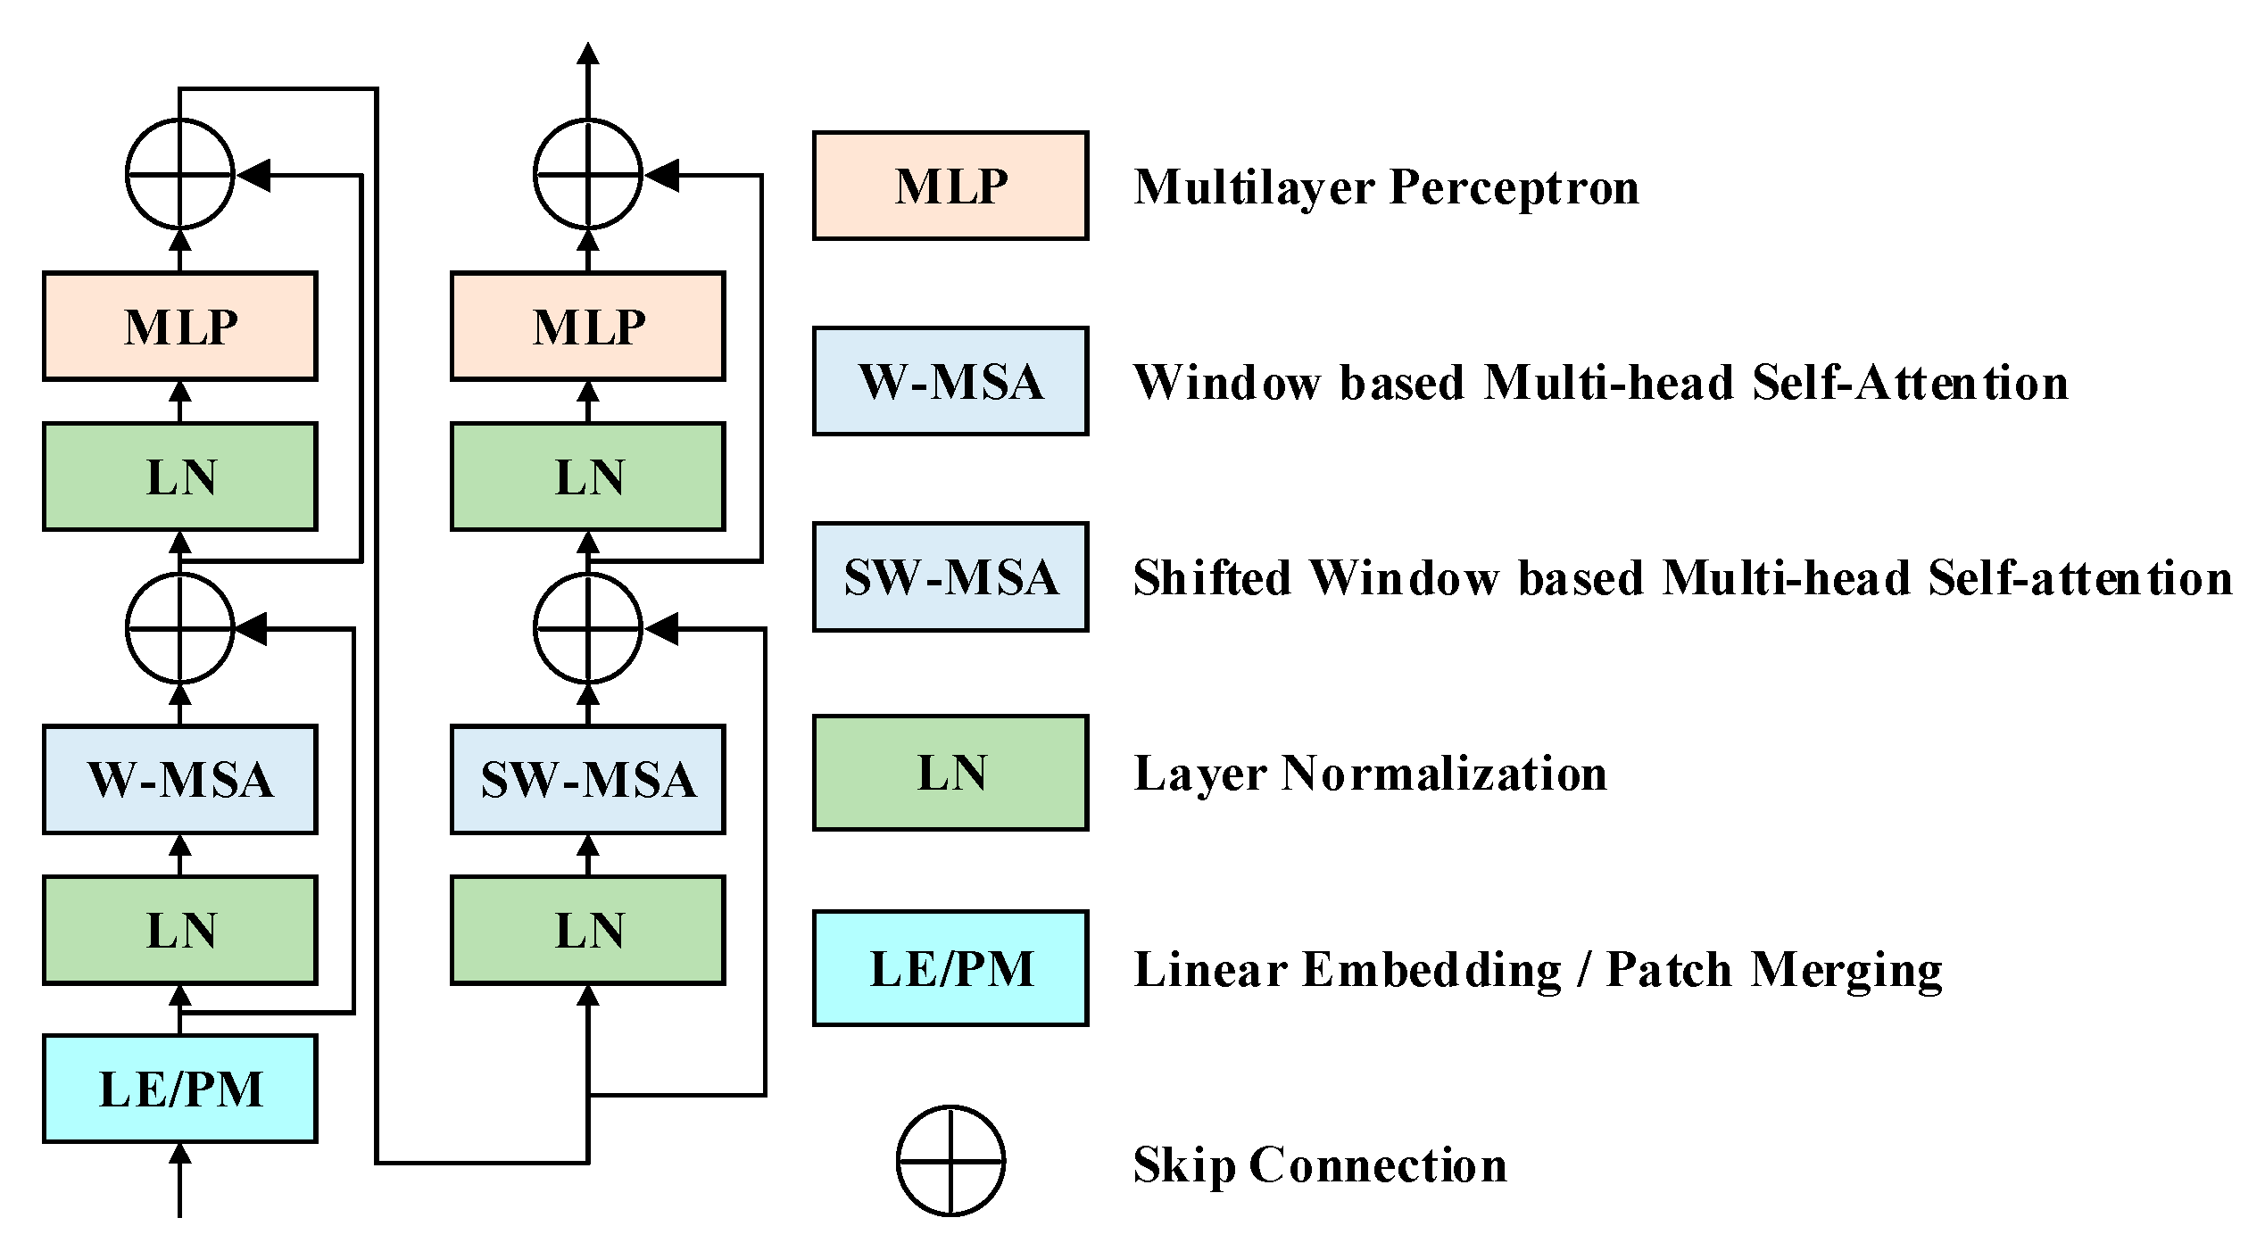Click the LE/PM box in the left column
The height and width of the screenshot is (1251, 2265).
(179, 1088)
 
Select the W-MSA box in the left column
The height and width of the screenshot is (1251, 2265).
(179, 779)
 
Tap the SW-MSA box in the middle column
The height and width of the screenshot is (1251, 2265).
(587, 779)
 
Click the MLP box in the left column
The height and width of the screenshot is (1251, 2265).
(179, 326)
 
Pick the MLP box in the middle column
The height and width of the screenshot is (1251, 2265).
(587, 326)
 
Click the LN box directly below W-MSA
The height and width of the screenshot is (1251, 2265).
(179, 930)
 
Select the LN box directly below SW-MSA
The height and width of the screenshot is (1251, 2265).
(587, 930)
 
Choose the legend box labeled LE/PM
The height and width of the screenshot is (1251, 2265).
(950, 968)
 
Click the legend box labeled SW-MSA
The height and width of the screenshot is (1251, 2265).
(950, 576)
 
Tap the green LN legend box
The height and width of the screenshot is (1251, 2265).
(950, 772)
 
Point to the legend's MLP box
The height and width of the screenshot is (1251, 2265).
(950, 186)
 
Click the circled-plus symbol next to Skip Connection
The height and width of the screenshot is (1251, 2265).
(950, 1161)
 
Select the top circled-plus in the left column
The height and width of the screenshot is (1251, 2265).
(179, 174)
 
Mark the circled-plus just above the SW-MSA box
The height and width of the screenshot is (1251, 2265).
(587, 628)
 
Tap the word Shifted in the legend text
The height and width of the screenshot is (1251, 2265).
(1211, 578)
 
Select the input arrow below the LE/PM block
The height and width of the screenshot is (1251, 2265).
(179, 1178)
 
